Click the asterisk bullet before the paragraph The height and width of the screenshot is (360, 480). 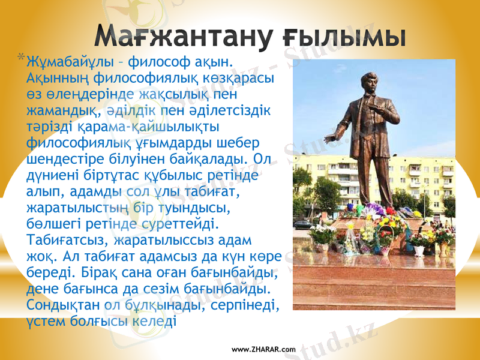[22, 58]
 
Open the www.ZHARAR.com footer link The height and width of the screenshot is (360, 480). [263, 349]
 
